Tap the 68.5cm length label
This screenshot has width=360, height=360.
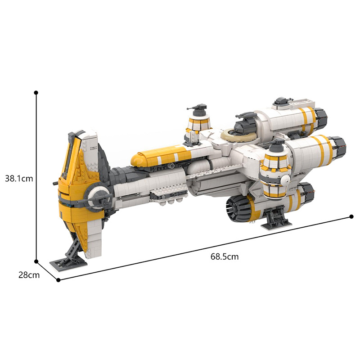[x=224, y=257]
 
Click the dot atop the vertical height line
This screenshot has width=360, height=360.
[x=36, y=92]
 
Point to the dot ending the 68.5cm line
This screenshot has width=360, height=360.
[x=351, y=216]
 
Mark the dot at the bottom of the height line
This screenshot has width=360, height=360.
[x=36, y=261]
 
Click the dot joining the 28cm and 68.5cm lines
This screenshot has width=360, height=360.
[x=58, y=280]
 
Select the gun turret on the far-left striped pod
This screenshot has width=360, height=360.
[x=198, y=109]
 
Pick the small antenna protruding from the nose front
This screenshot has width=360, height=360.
[x=56, y=183]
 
